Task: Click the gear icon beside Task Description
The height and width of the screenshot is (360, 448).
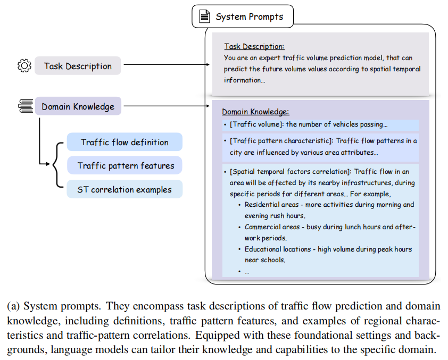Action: [x=24, y=66]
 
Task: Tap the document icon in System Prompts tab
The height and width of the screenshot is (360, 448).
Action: [x=204, y=16]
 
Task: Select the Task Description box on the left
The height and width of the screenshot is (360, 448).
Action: [x=78, y=66]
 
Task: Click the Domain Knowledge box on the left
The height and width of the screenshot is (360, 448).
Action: [x=78, y=106]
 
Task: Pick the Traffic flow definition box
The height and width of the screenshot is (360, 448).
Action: [x=125, y=142]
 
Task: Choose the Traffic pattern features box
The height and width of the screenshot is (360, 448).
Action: [x=125, y=165]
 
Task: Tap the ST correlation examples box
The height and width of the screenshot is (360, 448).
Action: [x=125, y=189]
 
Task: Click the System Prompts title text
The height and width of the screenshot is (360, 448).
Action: [x=249, y=16]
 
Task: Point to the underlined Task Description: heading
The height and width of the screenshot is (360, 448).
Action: [x=254, y=46]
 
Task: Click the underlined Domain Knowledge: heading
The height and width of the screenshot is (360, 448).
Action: [x=255, y=112]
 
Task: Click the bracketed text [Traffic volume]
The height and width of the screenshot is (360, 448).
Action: [x=256, y=124]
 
